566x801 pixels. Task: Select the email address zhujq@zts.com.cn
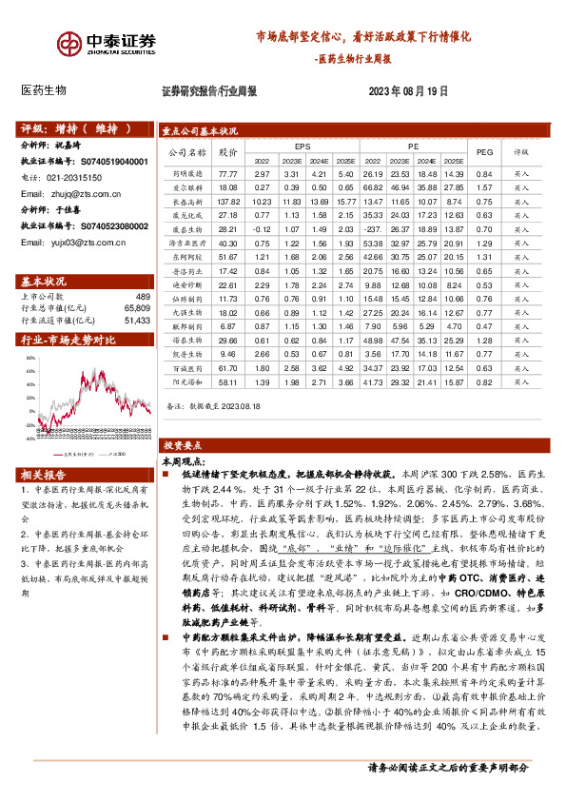[x=87, y=193]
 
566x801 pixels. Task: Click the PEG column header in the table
[x=483, y=151]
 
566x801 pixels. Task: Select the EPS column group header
[x=303, y=147]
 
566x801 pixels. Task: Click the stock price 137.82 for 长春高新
[x=227, y=202]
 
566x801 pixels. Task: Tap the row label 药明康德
[x=187, y=174]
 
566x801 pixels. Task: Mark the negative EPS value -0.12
[x=262, y=229]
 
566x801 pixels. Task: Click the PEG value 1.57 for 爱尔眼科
[x=483, y=188]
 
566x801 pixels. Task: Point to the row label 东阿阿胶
[x=187, y=257]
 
